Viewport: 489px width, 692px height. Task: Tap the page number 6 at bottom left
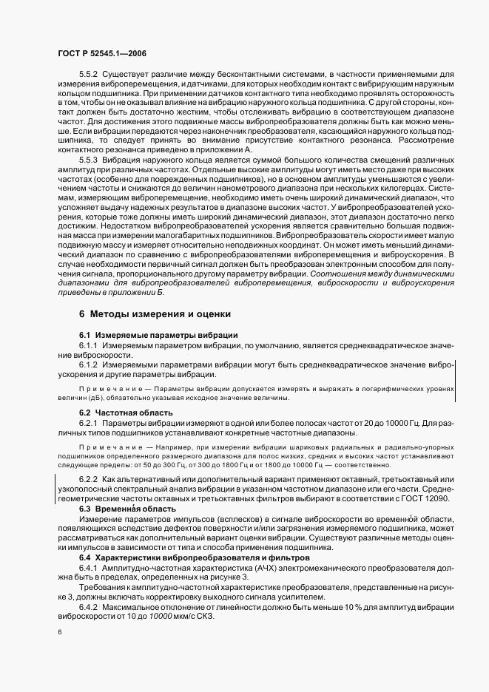pos(60,633)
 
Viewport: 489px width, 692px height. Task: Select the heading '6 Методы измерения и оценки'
pos(155,313)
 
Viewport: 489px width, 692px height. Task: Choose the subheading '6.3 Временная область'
pos(128,509)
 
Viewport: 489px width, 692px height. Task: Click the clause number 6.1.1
pos(90,346)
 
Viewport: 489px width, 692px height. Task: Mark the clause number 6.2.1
pos(90,422)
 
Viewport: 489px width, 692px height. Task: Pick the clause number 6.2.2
pos(90,480)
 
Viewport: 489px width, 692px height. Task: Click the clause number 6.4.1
pos(90,567)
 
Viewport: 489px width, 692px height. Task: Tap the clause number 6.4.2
pos(90,606)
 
